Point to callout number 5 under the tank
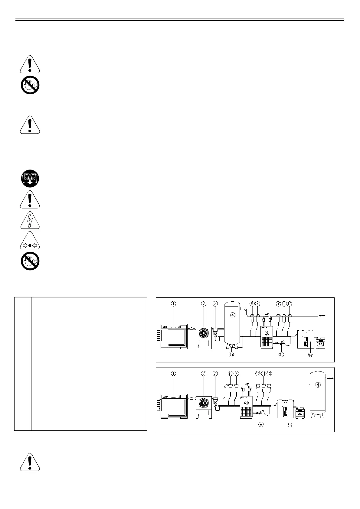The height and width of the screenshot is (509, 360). click(x=231, y=354)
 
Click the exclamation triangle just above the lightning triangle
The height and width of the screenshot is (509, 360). click(x=30, y=200)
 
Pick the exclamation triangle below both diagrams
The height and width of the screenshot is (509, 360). click(x=30, y=462)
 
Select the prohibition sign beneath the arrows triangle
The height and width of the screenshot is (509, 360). click(x=30, y=261)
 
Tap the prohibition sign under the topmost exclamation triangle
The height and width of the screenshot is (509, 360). click(x=30, y=85)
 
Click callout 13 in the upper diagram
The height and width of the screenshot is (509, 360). click(x=310, y=355)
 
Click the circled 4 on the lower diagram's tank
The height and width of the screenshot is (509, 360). click(x=318, y=385)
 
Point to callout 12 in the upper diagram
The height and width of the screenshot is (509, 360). click(x=290, y=304)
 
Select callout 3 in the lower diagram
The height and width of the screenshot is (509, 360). click(x=215, y=374)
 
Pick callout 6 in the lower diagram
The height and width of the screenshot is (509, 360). click(x=231, y=374)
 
